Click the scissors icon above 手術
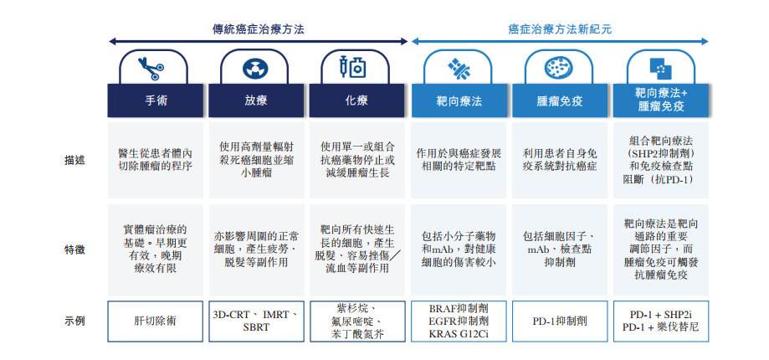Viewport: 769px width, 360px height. pos(151,69)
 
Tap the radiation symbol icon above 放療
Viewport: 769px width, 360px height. pos(255,69)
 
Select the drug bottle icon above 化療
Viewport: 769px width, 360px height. pos(353,68)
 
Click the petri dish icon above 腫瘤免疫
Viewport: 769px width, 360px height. pos(559,69)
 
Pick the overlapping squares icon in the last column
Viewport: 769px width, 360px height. pos(660,69)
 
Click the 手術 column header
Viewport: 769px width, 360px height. pos(156,100)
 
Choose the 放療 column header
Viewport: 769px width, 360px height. pos(256,100)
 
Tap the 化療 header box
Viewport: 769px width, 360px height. pos(357,100)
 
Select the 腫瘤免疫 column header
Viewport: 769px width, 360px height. pos(560,100)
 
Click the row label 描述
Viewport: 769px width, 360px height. pos(74,161)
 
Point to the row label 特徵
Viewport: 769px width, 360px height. pos(74,249)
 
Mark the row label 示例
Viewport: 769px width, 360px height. pos(74,321)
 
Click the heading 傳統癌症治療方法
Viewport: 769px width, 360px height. pos(258,29)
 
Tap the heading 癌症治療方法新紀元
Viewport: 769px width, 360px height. pos(560,29)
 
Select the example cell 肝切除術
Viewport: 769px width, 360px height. pos(155,321)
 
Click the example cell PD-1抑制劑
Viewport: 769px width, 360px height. pos(560,321)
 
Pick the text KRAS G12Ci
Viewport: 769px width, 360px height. pos(459,335)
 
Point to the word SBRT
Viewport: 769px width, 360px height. pos(256,327)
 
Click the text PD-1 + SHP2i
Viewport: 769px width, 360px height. pos(660,315)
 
